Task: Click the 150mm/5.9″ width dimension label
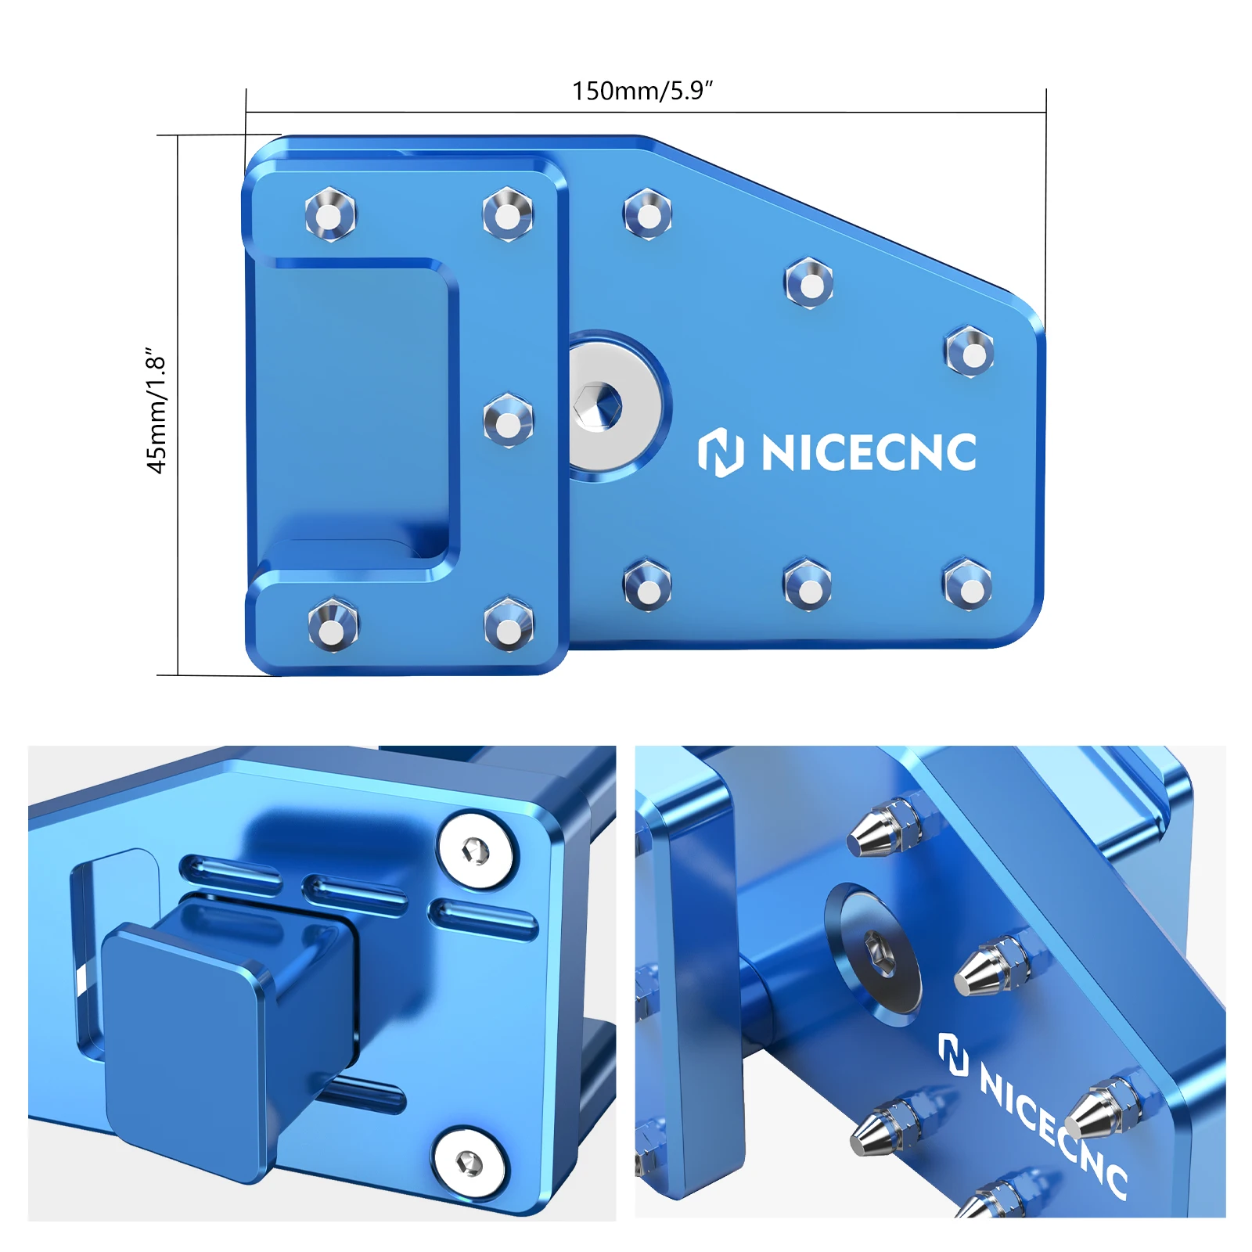tap(642, 91)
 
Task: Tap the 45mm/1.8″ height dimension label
tap(156, 410)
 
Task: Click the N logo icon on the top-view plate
tap(720, 452)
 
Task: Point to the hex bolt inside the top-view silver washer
tap(597, 406)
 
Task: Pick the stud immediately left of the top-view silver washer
tap(508, 421)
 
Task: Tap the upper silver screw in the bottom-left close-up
tap(476, 851)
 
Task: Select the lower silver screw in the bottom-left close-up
tap(469, 1164)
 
